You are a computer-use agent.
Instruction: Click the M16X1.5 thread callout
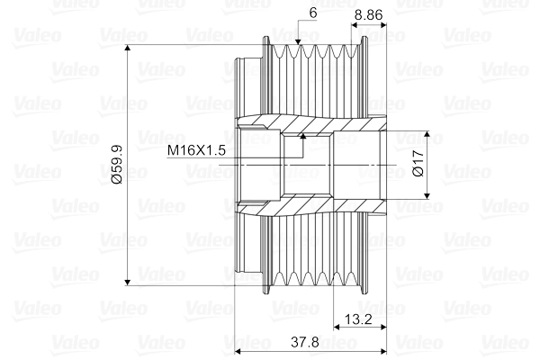196,150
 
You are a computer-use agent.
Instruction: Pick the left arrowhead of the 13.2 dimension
337,329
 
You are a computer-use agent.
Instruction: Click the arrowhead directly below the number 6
299,41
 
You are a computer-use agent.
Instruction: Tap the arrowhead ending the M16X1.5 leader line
303,138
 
